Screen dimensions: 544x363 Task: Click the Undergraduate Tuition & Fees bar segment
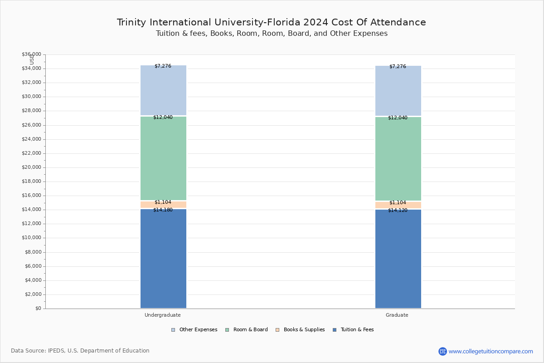164,259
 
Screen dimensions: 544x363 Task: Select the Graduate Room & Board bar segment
398,159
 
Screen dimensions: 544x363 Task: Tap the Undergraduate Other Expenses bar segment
164,90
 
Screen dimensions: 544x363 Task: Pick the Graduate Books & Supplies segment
398,205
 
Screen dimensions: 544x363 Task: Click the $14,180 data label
163,210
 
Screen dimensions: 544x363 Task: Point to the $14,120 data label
398,210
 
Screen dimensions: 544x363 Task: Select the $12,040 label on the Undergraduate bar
163,117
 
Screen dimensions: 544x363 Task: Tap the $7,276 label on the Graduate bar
398,66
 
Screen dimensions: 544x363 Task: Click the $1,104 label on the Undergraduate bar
163,202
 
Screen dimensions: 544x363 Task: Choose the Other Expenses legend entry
194,330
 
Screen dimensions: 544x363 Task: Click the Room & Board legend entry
247,330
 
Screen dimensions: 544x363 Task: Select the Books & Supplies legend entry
300,330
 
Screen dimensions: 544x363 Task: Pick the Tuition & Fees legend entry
353,330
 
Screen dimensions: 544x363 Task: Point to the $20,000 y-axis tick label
32,167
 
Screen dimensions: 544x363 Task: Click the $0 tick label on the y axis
39,309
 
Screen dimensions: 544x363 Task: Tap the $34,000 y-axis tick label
32,69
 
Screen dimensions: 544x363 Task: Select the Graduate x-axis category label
397,315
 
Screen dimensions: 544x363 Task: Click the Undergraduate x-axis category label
162,315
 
